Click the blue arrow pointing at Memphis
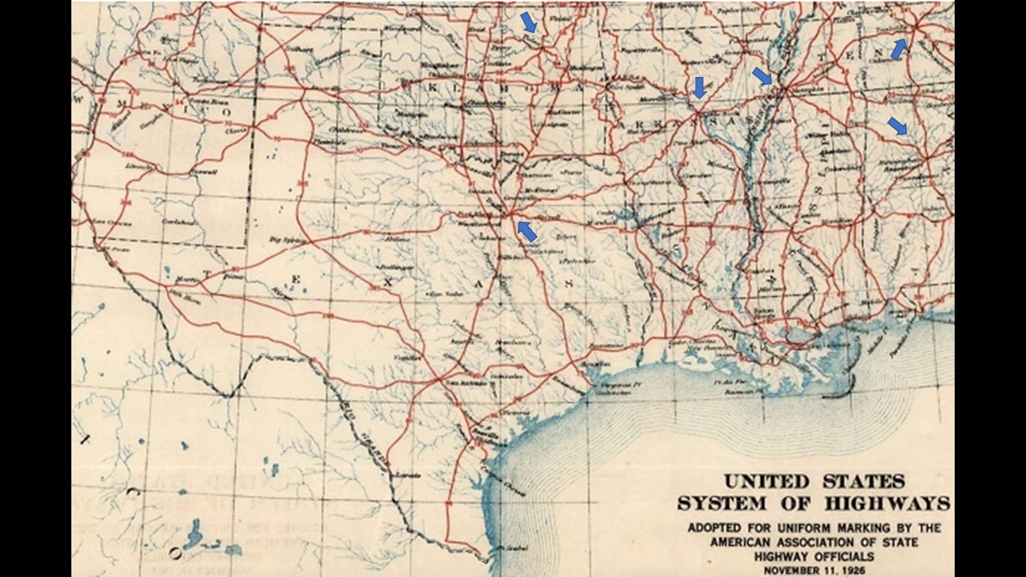762,76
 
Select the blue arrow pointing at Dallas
527,231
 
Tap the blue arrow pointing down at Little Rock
699,87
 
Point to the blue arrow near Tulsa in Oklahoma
529,22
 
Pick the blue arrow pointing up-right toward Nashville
899,49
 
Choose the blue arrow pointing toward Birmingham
897,126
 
